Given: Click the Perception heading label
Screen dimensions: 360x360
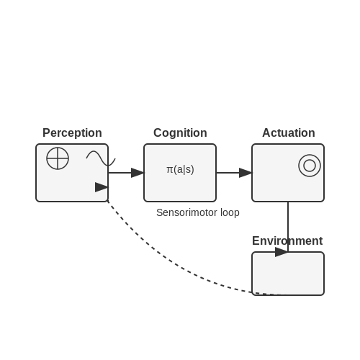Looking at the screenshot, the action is (x=72, y=133).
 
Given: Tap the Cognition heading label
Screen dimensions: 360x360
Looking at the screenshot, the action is (x=180, y=133).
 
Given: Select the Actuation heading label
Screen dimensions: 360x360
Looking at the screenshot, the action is (x=289, y=132).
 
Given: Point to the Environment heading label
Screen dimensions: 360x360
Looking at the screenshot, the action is (x=287, y=240).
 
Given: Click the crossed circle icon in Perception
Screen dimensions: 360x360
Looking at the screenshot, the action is (x=58, y=158).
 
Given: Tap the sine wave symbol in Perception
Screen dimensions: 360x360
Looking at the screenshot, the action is (x=101, y=158).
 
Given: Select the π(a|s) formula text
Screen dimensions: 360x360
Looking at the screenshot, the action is (x=180, y=169).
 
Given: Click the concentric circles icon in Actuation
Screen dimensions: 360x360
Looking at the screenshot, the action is (x=310, y=166).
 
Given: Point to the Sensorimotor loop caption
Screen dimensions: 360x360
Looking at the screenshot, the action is (x=198, y=212).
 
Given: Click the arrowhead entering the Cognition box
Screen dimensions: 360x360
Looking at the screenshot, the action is (x=138, y=173).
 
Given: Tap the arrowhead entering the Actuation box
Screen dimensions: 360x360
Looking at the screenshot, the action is (x=246, y=173).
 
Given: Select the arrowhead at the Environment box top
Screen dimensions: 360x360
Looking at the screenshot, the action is (x=282, y=252).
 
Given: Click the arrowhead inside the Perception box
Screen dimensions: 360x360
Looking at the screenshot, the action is (x=102, y=187).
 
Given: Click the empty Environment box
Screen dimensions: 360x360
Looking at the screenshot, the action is (x=288, y=274).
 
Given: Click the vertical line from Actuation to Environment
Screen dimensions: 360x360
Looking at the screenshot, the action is (x=288, y=227).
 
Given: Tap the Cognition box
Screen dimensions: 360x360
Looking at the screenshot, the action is (x=180, y=173).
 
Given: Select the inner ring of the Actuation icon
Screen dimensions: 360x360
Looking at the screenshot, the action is (x=310, y=160).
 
